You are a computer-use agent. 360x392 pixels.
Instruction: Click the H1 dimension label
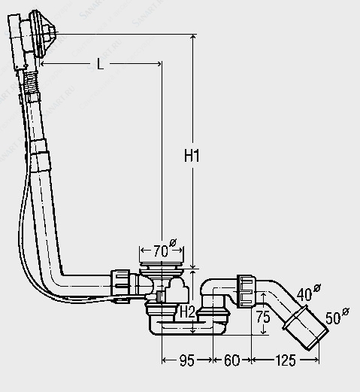pos(192,156)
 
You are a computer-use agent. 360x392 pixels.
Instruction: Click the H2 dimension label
pos(187,312)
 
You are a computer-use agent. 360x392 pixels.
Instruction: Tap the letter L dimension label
pos(100,64)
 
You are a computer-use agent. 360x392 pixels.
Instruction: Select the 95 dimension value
pos(187,360)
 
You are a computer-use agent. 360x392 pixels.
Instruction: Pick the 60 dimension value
pos(231,360)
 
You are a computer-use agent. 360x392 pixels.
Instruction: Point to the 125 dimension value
pos(286,360)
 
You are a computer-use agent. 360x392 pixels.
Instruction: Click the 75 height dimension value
pos(263,317)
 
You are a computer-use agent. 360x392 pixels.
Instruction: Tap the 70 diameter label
pos(163,249)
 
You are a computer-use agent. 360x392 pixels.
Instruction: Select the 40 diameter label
pos(308,293)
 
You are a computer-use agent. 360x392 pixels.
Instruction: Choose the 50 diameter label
pos(337,316)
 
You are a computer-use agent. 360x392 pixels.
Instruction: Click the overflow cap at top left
pos(43,34)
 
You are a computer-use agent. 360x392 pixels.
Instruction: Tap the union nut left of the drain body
pos(120,283)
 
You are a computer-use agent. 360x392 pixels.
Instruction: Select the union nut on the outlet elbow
pos(246,291)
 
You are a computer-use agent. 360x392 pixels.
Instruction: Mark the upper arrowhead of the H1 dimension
pos(192,37)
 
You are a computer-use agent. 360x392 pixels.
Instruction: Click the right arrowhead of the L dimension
pos(159,64)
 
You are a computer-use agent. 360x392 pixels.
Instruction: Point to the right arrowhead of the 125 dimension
pos(316,360)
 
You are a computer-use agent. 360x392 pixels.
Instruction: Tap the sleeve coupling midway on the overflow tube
pos(40,156)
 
